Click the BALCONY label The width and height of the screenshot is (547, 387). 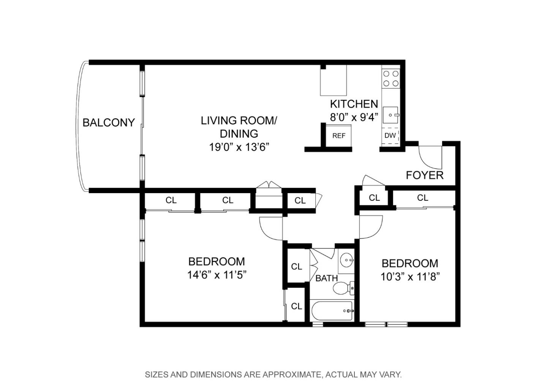coord(109,122)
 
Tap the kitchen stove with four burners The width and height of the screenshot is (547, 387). coord(390,78)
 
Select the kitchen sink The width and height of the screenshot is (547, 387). coord(391,114)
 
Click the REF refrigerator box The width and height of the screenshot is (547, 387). coord(338,136)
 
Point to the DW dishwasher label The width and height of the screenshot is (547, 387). coord(390,135)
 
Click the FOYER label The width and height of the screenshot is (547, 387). coord(425,175)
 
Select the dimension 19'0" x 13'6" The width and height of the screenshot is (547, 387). coord(239,147)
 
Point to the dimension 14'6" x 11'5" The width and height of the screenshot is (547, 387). coord(217,274)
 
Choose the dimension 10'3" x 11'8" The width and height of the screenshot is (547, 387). coord(410,276)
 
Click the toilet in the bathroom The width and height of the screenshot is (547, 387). coord(343,288)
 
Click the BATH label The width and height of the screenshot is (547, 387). coord(326,278)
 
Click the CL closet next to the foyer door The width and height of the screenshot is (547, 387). coord(374,198)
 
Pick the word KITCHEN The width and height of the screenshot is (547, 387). coord(354,104)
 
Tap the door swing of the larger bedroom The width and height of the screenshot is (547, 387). coord(270,228)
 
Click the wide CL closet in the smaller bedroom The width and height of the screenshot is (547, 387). coord(422,198)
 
